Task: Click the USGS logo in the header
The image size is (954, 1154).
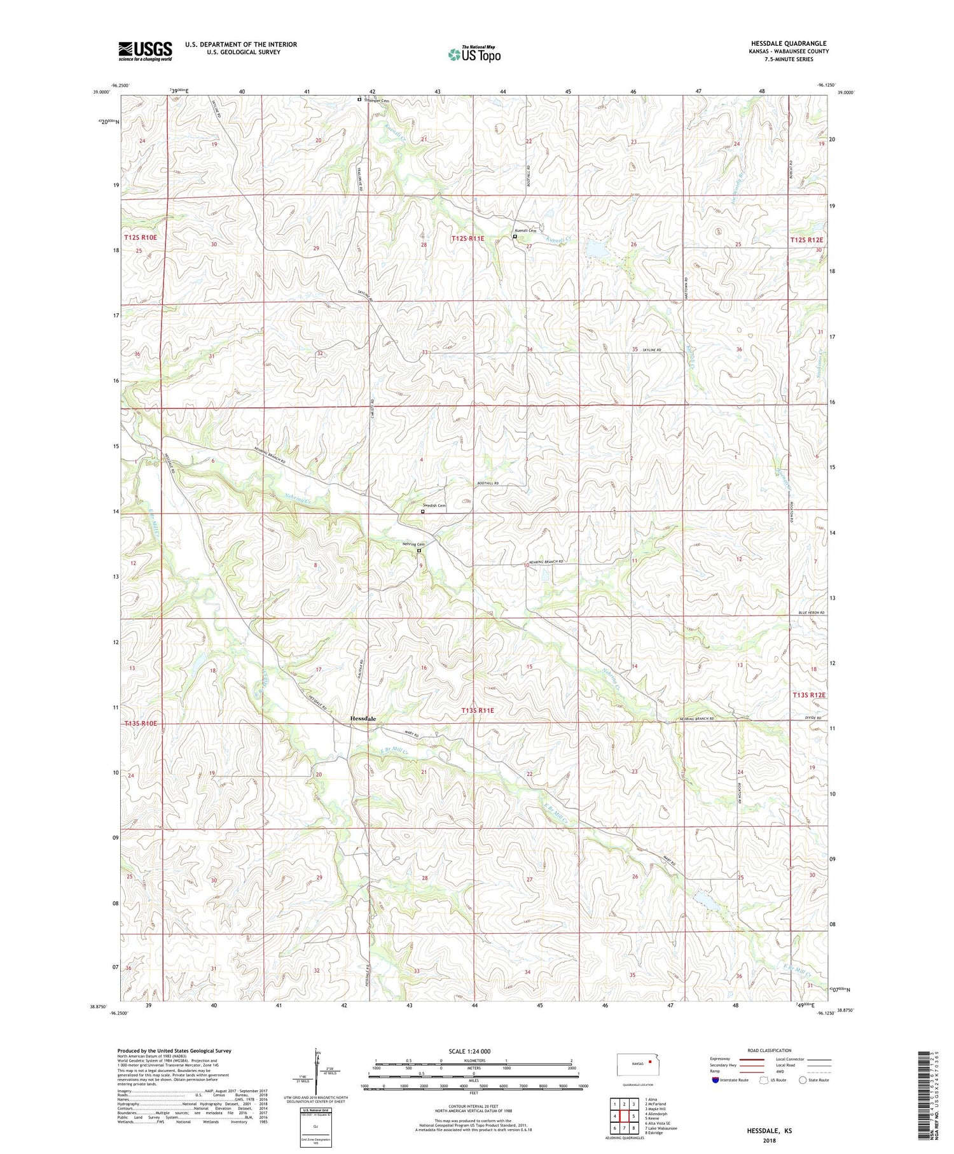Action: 145,50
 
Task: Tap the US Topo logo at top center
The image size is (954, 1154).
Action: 474,55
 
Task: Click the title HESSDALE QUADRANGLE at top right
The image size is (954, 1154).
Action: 788,43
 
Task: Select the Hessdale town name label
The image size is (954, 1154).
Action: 363,719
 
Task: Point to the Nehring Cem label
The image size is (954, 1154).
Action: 413,544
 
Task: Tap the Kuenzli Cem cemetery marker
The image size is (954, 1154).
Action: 515,237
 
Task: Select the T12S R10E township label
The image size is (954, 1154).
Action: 141,237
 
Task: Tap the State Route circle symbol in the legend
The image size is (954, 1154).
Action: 803,1080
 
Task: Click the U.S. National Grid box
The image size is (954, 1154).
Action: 316,1127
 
